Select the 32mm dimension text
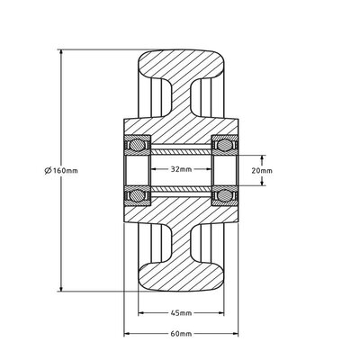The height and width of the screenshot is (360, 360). pyautogui.click(x=180, y=168)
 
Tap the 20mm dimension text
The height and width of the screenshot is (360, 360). pyautogui.click(x=263, y=169)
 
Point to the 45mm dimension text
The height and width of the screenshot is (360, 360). pyautogui.click(x=180, y=313)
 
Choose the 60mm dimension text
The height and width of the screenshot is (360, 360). pyautogui.click(x=180, y=333)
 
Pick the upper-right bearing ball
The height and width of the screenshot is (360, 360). pyautogui.click(x=222, y=144)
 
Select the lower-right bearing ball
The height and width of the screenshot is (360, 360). pyautogui.click(x=222, y=193)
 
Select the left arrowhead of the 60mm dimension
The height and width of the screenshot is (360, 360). pyautogui.click(x=126, y=333)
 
